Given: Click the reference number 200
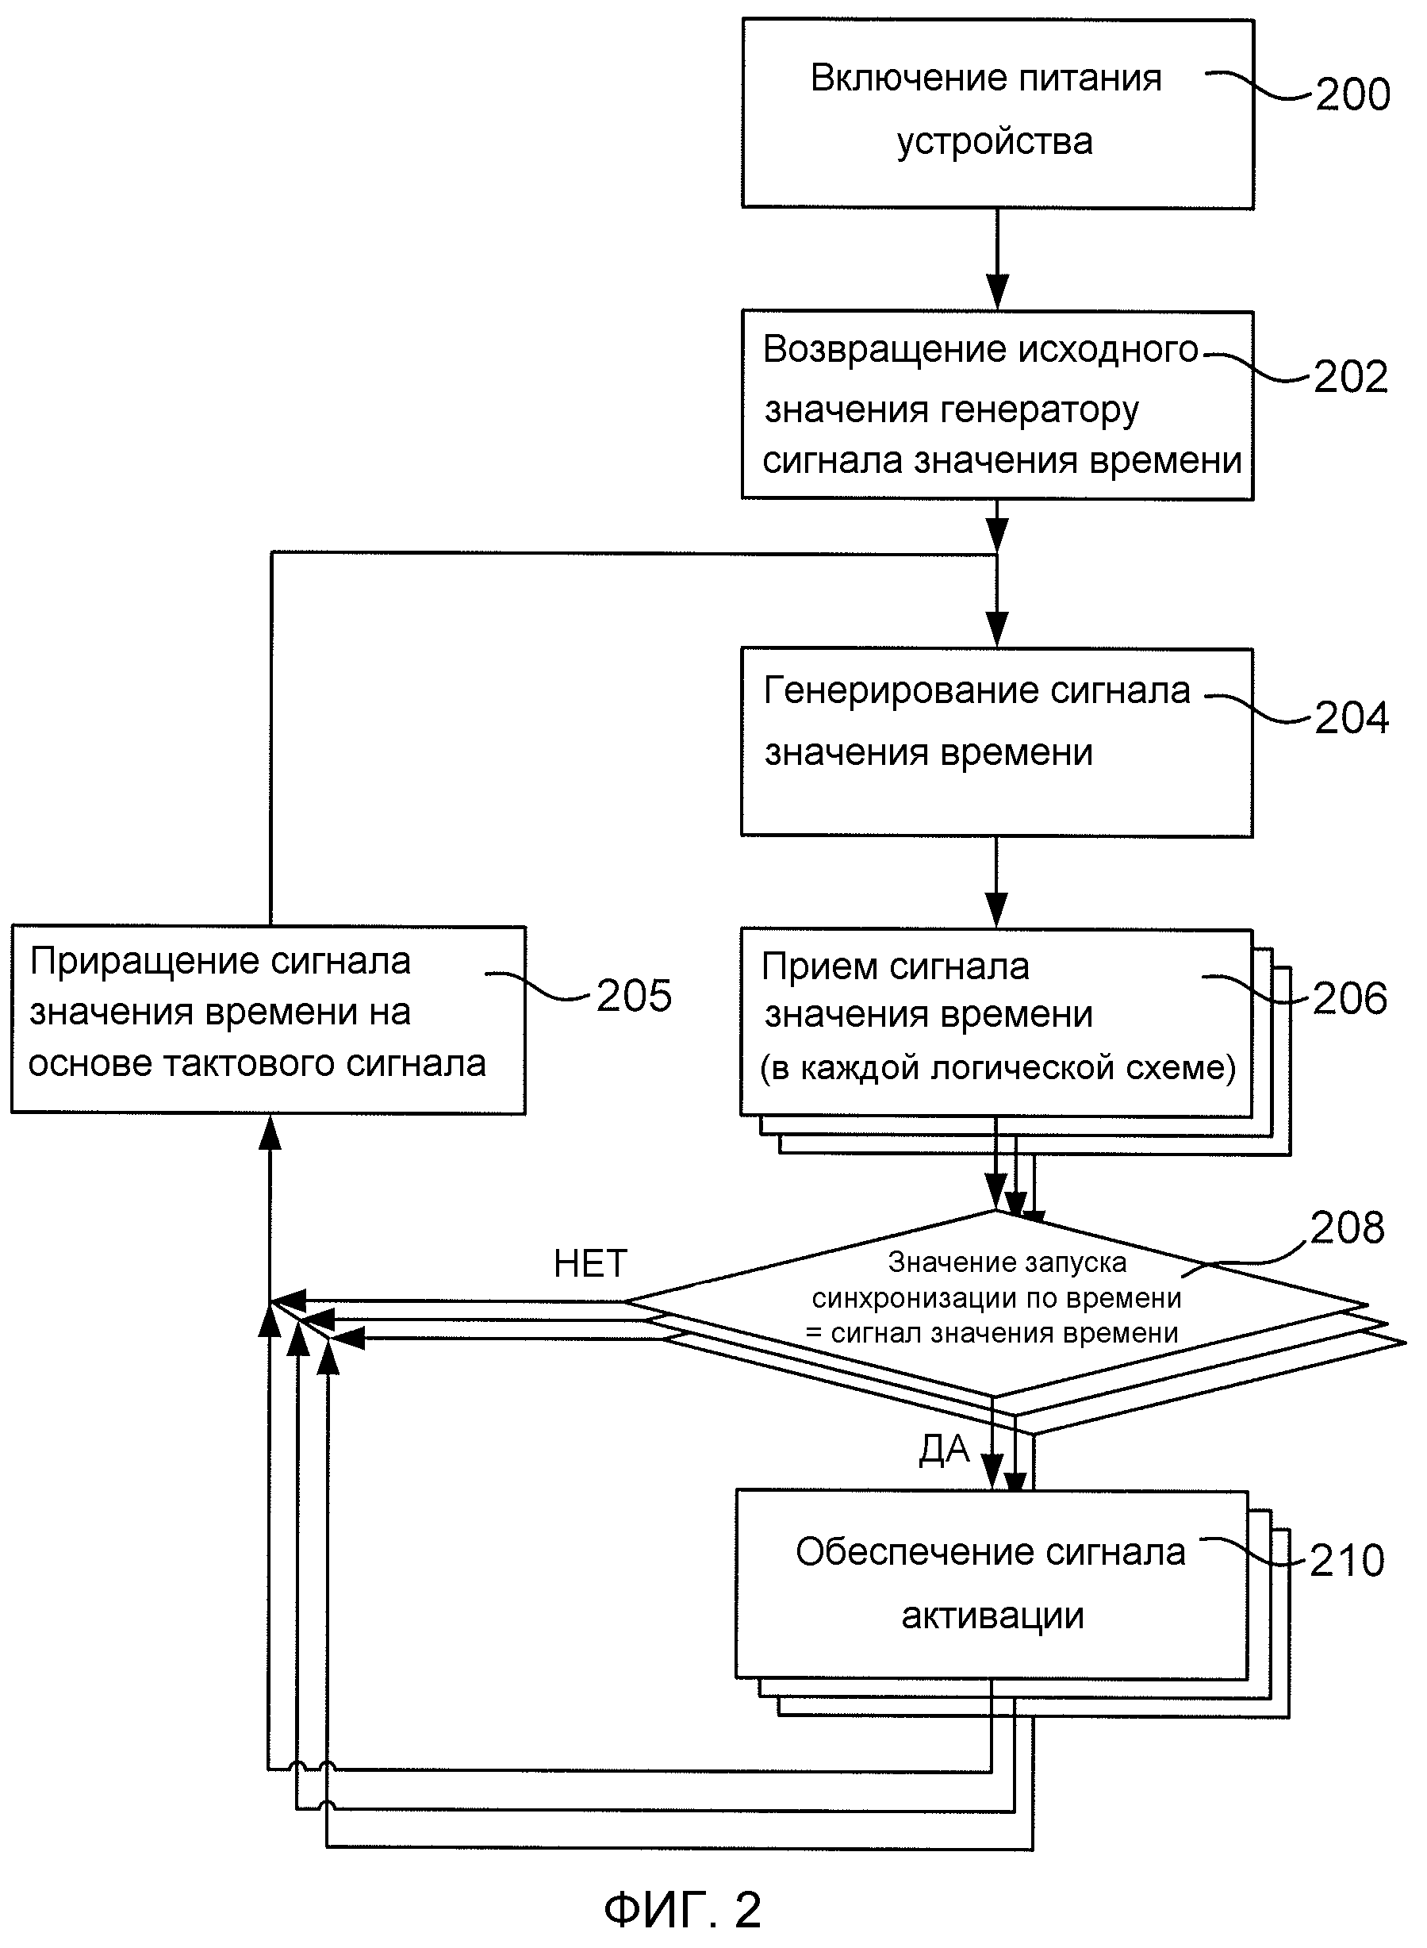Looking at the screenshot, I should pyautogui.click(x=1352, y=94).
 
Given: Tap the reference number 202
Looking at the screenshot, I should pyautogui.click(x=1351, y=377).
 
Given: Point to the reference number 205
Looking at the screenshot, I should pyautogui.click(x=634, y=996).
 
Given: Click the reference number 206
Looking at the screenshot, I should pyautogui.click(x=1350, y=999).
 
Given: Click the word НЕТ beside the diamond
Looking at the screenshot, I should pyautogui.click(x=590, y=1264).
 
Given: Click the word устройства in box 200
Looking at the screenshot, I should pyautogui.click(x=994, y=142).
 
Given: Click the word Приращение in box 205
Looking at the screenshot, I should pyautogui.click(x=143, y=962).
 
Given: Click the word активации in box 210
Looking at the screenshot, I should pyautogui.click(x=992, y=1616).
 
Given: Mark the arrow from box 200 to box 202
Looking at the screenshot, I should pyautogui.click(x=998, y=259).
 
